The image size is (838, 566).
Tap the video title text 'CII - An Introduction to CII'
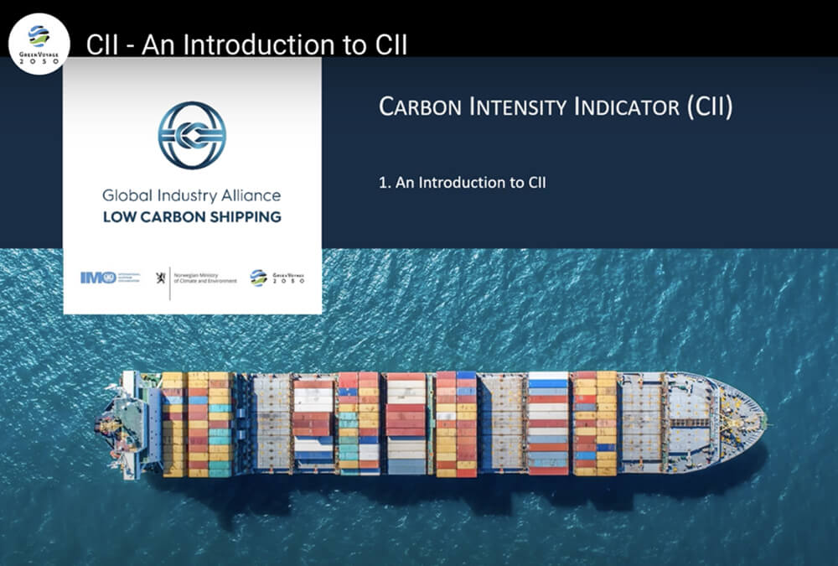(x=246, y=44)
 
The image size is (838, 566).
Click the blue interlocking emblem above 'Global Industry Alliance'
(x=192, y=135)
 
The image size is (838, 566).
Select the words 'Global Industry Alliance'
(x=191, y=196)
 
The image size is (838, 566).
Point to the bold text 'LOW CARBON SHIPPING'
(x=191, y=217)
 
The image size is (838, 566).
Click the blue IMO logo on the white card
(x=98, y=278)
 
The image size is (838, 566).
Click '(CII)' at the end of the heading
(x=709, y=107)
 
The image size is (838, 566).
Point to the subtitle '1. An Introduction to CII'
(x=462, y=182)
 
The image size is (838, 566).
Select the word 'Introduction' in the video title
(x=263, y=44)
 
